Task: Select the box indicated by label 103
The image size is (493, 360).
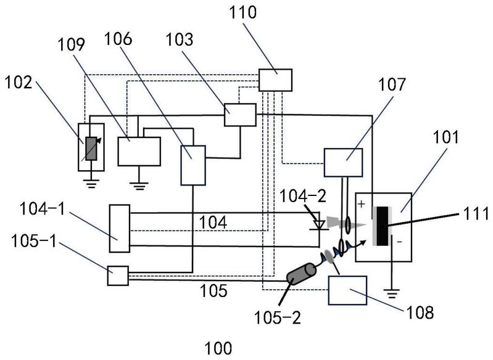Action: pyautogui.click(x=239, y=115)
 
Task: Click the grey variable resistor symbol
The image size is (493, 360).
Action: pyautogui.click(x=91, y=149)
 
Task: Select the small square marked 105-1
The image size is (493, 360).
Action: pyautogui.click(x=117, y=275)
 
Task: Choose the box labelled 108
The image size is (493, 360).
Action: pyautogui.click(x=347, y=290)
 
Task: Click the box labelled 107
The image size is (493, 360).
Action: pyautogui.click(x=344, y=163)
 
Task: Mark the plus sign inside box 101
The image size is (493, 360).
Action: pyautogui.click(x=363, y=202)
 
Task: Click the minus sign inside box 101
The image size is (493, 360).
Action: pyautogui.click(x=400, y=242)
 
